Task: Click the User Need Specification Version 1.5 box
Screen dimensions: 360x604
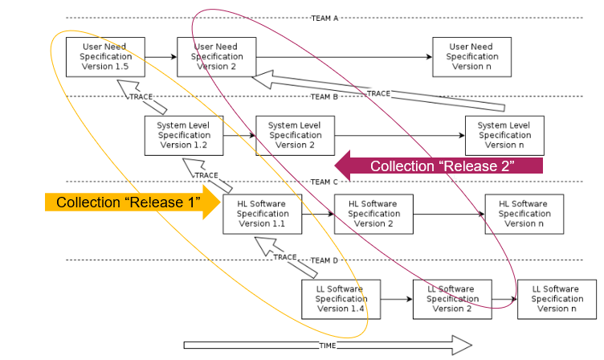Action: pos(105,57)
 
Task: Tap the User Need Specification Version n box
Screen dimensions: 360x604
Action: pos(471,57)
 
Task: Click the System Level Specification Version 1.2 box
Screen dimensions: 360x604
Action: pos(183,136)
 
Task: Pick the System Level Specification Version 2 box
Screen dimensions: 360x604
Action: pos(295,136)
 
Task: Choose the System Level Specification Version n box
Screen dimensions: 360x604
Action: pos(504,136)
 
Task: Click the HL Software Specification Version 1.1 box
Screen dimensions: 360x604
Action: pos(263,215)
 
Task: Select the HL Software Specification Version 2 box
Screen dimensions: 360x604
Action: pos(373,215)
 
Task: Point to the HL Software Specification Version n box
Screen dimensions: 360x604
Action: pos(524,215)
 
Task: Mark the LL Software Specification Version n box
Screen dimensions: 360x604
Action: pos(557,299)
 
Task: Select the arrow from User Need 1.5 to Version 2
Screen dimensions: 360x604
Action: pos(161,57)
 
